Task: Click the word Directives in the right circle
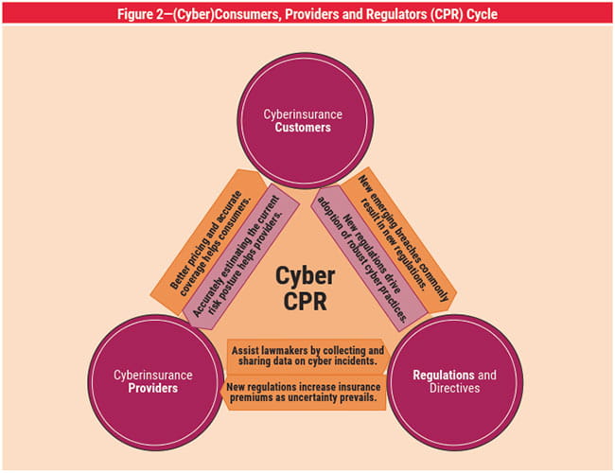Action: pyautogui.click(x=454, y=389)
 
